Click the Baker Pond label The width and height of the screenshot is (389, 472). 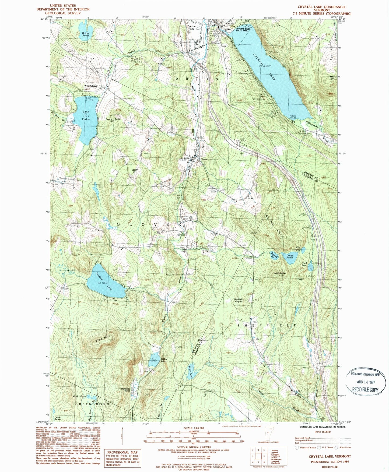(x=86, y=34)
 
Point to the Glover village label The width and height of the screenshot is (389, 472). (x=204, y=159)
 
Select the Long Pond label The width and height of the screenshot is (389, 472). (x=289, y=256)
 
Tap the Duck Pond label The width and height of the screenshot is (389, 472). (x=304, y=264)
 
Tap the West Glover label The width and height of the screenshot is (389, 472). (x=90, y=86)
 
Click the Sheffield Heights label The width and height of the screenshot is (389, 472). (x=238, y=300)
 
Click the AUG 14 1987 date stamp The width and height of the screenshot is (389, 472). (x=366, y=382)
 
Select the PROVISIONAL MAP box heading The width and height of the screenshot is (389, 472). (x=123, y=452)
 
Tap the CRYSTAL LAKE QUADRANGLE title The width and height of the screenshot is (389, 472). (x=322, y=7)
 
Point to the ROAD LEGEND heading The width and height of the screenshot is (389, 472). (x=322, y=432)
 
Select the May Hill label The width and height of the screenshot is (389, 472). (x=332, y=78)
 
